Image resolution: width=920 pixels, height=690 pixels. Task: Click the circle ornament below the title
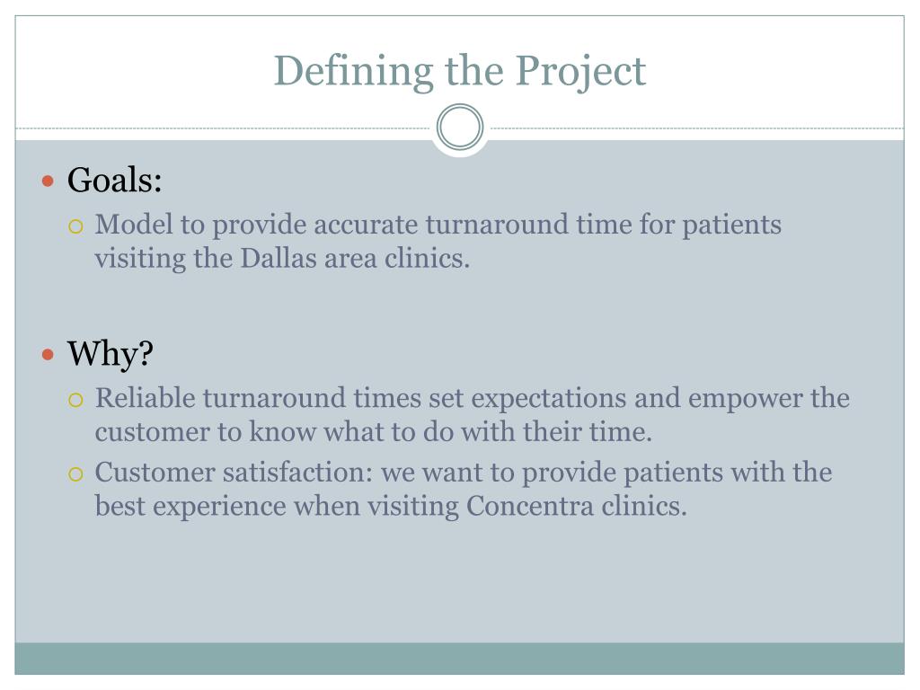460,128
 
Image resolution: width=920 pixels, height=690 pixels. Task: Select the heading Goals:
115,181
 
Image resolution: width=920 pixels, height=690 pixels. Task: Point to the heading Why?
111,354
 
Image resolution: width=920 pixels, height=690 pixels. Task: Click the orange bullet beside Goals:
49,181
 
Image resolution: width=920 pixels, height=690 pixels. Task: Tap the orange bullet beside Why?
49,355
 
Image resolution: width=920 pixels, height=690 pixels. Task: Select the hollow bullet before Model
77,226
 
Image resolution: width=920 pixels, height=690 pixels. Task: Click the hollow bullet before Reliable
77,399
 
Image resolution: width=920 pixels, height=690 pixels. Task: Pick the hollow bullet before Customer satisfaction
77,473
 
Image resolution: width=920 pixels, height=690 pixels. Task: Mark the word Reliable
146,398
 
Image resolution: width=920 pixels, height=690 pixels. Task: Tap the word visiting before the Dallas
135,259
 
